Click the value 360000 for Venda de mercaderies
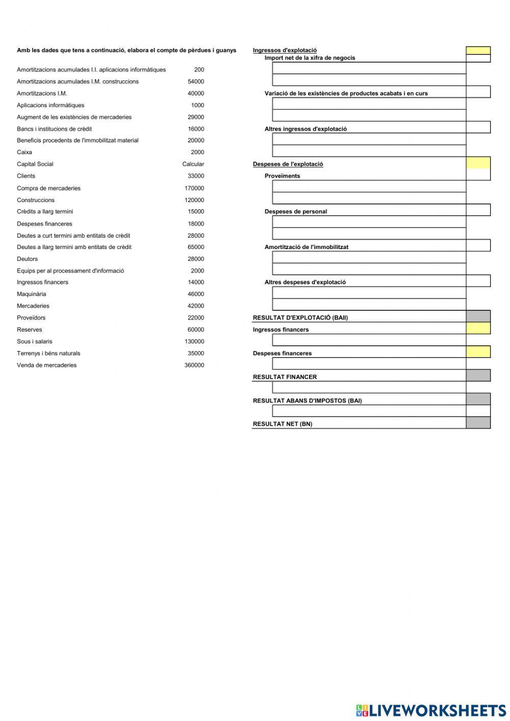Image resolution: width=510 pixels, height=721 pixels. coord(194,365)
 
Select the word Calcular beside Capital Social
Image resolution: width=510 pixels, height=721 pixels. coord(193,164)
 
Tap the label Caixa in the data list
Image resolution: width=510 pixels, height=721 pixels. coord(24,152)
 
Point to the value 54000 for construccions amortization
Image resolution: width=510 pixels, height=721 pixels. coord(195,82)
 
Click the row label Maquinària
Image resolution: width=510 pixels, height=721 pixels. coord(32,294)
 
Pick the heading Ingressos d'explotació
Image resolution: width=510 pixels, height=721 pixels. coord(285,50)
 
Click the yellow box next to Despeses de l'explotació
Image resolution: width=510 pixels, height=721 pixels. coord(478,163)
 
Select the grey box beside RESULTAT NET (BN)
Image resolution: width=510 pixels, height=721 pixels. coord(478,422)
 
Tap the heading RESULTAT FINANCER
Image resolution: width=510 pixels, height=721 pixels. coord(285,377)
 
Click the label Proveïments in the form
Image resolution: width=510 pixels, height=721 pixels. coord(282,176)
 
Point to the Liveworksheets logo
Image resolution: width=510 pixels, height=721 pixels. coord(431,710)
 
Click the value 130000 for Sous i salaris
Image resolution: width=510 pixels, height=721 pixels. coord(194,341)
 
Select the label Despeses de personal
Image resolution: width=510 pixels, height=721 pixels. coord(296,212)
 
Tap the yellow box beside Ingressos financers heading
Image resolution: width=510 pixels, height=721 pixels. coord(478,329)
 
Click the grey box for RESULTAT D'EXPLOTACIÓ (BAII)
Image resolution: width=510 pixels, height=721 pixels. coord(478,316)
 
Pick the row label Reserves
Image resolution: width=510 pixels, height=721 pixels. coord(30,330)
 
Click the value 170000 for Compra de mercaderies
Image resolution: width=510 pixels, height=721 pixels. coord(194,188)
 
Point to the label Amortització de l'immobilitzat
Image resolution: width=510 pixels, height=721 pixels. coord(306,247)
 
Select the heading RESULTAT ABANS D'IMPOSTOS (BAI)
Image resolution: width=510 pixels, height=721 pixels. coord(307,401)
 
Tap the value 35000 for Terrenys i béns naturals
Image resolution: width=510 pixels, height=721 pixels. coord(195,353)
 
